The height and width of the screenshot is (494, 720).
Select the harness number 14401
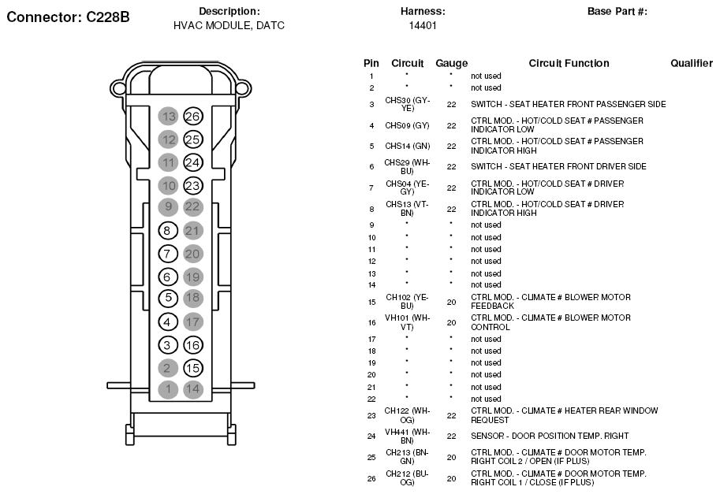click(423, 25)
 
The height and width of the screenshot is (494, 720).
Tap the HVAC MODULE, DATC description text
click(229, 25)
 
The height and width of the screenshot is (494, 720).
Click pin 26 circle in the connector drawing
click(192, 117)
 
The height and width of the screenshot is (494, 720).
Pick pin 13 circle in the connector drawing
click(168, 117)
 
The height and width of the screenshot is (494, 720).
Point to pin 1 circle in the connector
click(168, 388)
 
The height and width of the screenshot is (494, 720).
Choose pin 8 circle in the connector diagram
click(168, 231)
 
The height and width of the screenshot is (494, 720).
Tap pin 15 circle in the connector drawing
click(192, 367)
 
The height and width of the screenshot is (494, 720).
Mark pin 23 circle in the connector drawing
click(192, 186)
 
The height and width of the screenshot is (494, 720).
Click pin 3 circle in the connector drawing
click(168, 344)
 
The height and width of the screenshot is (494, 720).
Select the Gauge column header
click(451, 63)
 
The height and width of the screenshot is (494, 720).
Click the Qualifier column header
click(691, 63)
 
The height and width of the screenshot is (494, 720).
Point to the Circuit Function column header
click(569, 63)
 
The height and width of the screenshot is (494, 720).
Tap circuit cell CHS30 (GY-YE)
click(408, 104)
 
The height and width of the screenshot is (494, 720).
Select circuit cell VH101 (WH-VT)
click(408, 322)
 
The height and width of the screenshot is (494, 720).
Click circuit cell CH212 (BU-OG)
click(408, 477)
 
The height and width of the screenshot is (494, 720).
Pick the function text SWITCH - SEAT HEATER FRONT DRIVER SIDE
click(558, 166)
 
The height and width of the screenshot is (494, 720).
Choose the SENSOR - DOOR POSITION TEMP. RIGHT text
click(550, 436)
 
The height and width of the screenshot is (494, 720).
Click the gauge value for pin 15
click(451, 302)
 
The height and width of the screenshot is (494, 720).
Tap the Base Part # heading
click(617, 11)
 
